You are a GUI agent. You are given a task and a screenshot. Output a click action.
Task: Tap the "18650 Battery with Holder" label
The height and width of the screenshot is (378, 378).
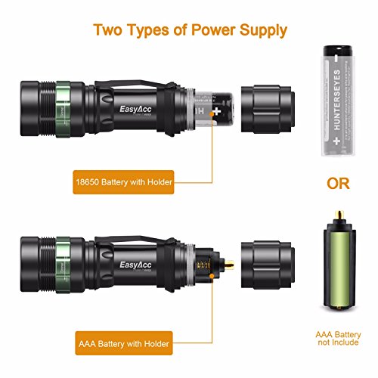point(123,183)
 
